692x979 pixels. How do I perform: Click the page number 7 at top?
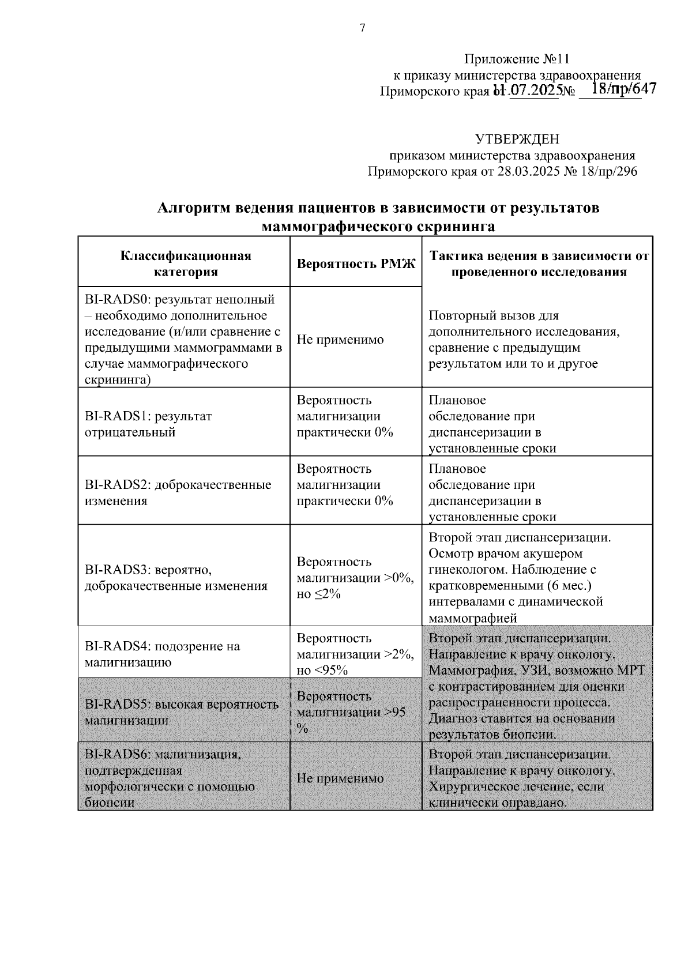(x=363, y=28)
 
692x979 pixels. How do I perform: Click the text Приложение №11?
(x=517, y=59)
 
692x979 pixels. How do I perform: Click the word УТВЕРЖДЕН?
(x=517, y=139)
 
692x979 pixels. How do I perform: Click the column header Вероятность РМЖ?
(x=356, y=264)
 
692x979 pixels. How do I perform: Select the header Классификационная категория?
(x=186, y=264)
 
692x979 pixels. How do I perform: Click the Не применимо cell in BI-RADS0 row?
(x=340, y=340)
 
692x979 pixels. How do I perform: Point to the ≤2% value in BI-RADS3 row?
(x=327, y=594)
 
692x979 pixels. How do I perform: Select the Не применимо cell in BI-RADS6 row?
(x=340, y=778)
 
